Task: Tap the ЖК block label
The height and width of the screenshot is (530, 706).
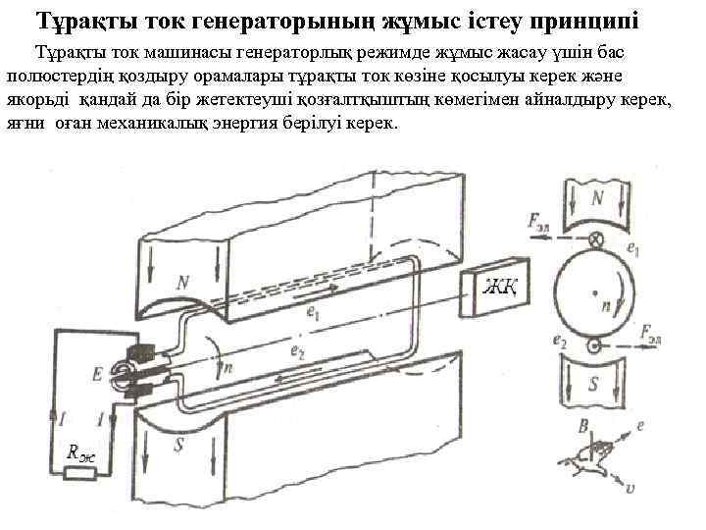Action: pos(498,288)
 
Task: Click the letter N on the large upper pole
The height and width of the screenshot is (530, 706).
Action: pos(183,283)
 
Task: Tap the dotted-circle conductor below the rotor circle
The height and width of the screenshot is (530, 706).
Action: pos(594,345)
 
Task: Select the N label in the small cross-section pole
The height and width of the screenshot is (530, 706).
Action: pos(596,199)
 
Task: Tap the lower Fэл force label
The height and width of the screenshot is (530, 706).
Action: pos(654,333)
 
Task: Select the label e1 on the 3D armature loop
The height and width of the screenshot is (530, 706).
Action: pos(313,315)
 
